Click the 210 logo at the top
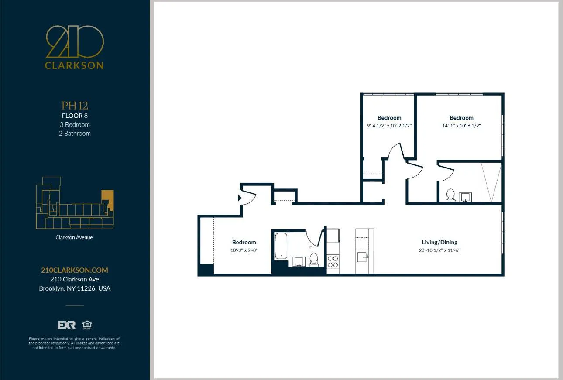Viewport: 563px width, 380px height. (x=75, y=42)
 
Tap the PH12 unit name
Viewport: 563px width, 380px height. (x=75, y=106)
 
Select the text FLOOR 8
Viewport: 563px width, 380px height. (x=75, y=116)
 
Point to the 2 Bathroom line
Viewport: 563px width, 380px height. (x=75, y=133)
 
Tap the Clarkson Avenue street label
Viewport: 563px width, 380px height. (x=74, y=237)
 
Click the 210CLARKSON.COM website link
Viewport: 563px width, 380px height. (x=75, y=270)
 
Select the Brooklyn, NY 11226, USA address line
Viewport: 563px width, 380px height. (x=75, y=288)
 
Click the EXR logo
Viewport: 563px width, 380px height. (x=66, y=325)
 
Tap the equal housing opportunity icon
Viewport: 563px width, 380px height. (x=87, y=325)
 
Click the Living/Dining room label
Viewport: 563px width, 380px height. (x=439, y=242)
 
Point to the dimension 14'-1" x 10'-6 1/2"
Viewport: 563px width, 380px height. (x=461, y=126)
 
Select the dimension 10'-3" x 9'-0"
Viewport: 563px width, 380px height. (x=244, y=250)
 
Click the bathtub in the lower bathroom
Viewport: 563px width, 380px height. (x=281, y=246)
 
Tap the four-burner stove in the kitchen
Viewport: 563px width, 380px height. (x=333, y=261)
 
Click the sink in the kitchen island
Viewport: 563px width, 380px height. (x=362, y=257)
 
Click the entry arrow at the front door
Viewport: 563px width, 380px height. (x=239, y=198)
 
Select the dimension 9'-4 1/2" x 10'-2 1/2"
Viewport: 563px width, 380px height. (x=389, y=126)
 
